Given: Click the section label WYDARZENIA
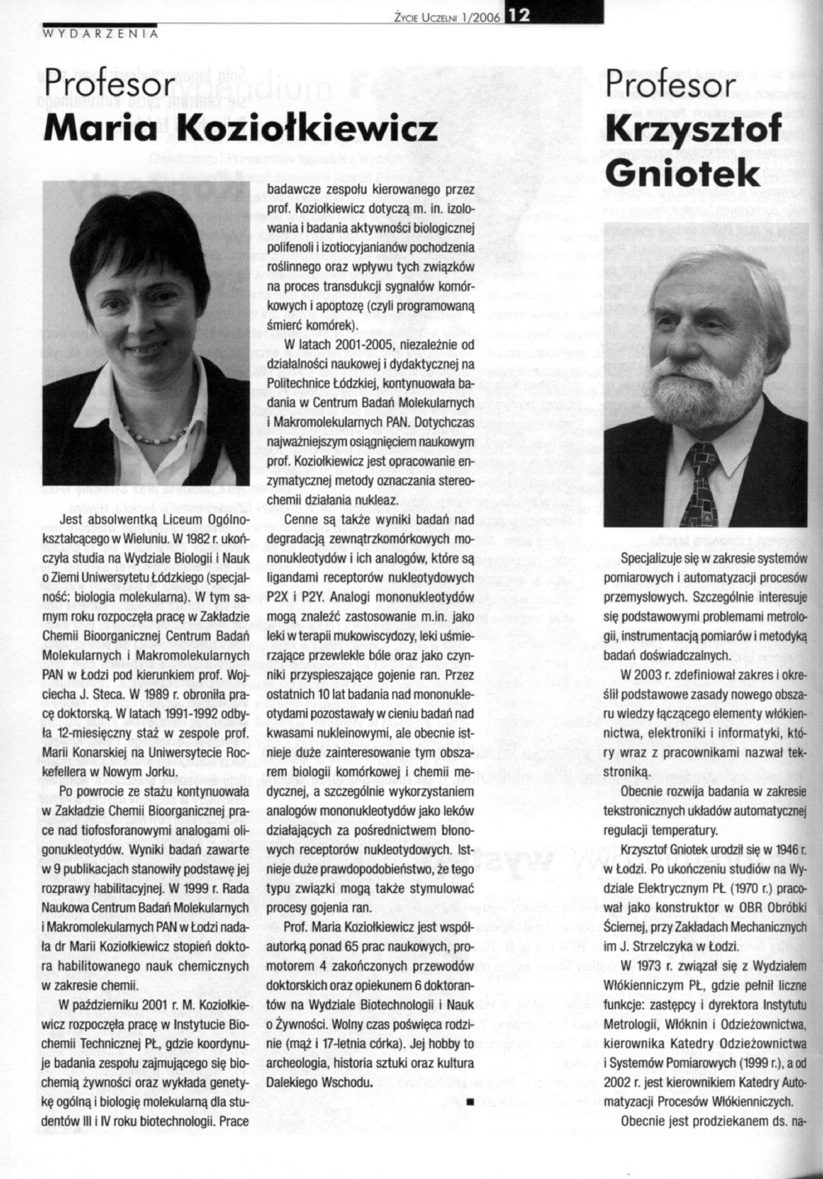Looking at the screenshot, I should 100,34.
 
